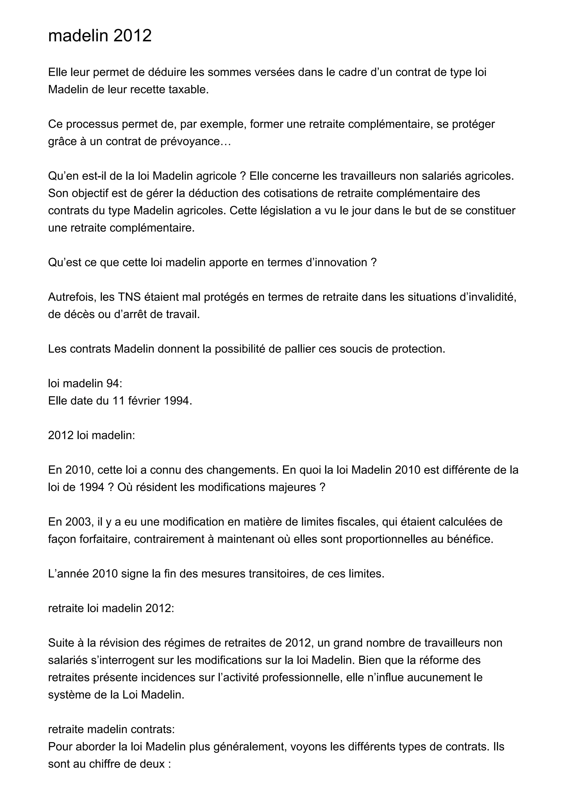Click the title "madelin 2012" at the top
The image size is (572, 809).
pyautogui.click(x=100, y=35)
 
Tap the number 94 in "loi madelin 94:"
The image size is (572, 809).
pyautogui.click(x=113, y=383)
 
